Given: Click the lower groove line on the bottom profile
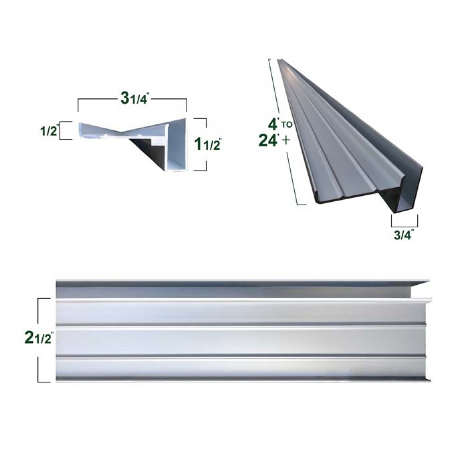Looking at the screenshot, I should pos(242,355).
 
